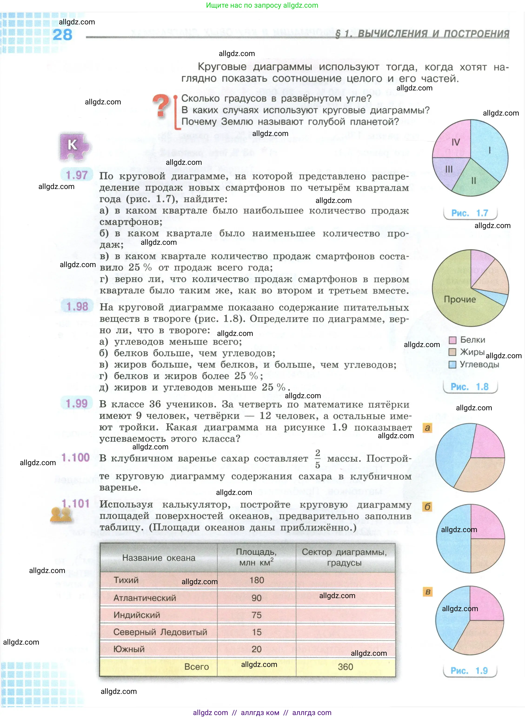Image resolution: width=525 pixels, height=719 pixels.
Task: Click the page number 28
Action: [62, 35]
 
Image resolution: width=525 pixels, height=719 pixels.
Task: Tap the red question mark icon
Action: [161, 106]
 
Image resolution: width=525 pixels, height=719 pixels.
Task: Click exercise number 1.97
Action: [76, 175]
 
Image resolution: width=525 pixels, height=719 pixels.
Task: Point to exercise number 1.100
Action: [76, 457]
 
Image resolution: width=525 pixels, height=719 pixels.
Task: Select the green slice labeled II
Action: [474, 180]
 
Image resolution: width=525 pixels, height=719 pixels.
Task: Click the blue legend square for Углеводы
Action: [452, 364]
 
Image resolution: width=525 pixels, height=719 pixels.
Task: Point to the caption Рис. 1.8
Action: [469, 387]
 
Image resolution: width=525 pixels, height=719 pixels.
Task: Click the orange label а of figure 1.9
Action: [427, 428]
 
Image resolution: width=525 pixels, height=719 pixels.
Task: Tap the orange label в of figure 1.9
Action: [428, 592]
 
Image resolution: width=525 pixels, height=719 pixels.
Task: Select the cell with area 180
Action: [256, 580]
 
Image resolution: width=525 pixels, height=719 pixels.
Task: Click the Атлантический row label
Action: [145, 598]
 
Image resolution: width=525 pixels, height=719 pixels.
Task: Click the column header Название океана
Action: [159, 558]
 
